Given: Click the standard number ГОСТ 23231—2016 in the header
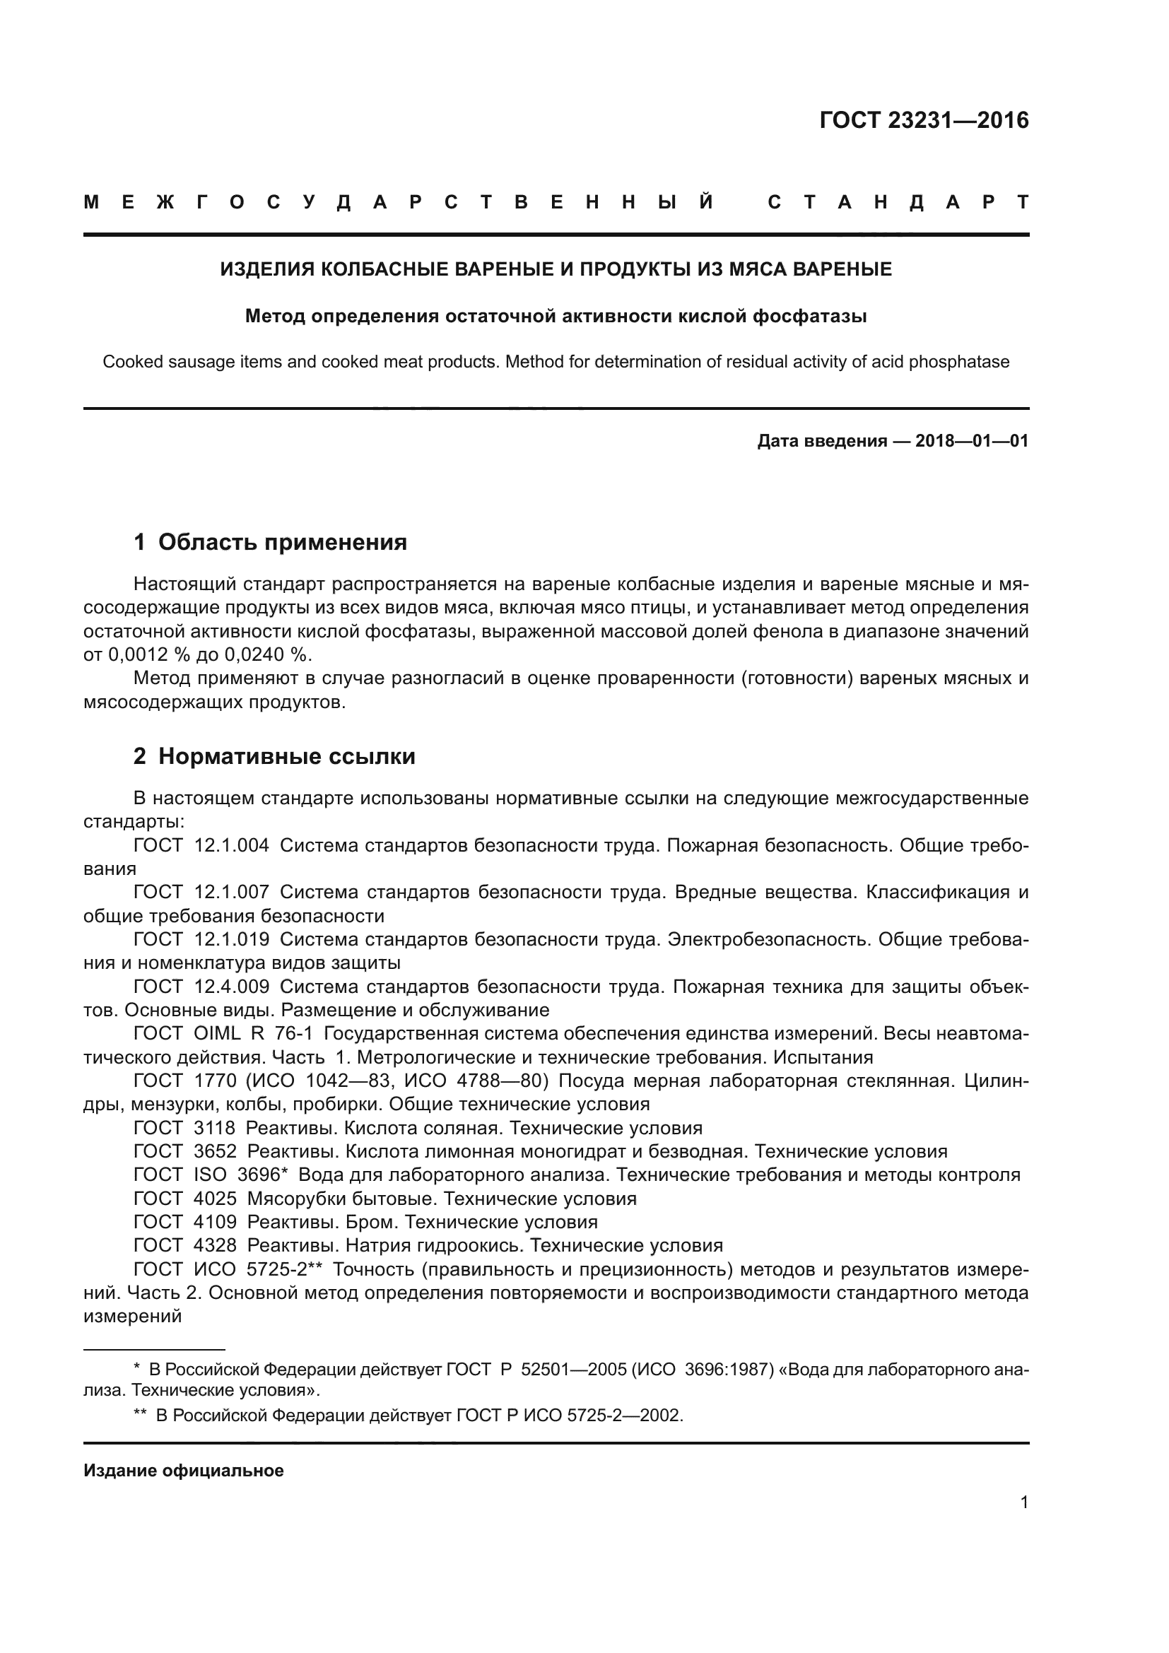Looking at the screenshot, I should (x=924, y=120).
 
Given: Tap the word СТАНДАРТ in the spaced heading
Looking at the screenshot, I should (x=898, y=202).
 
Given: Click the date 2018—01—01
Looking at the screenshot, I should (x=972, y=440).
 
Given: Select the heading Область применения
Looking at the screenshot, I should (x=282, y=542).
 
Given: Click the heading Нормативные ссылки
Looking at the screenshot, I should (x=286, y=757).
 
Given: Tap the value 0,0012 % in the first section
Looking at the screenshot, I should (x=143, y=655).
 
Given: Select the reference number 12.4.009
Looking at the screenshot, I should (x=232, y=987).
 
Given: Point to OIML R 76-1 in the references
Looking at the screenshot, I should (x=254, y=1034).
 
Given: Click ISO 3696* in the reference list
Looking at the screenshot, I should (x=241, y=1175).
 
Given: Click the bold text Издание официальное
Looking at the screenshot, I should (x=184, y=1471).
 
